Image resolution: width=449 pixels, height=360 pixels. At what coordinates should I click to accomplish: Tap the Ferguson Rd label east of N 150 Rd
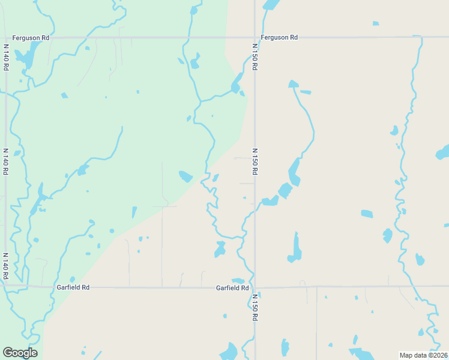click(279, 37)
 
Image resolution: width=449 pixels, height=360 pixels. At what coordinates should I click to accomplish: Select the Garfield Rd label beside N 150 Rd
click(232, 288)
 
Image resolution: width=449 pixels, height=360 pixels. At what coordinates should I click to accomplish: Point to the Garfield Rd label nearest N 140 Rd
click(73, 287)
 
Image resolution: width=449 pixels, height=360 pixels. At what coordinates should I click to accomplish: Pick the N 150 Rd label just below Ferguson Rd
click(255, 57)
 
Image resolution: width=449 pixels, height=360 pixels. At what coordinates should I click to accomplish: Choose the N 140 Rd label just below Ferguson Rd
click(5, 57)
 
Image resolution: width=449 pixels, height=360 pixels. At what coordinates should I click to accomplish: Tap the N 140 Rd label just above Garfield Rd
click(5, 266)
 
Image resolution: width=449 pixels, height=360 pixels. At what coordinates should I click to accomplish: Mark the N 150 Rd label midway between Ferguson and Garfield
click(255, 161)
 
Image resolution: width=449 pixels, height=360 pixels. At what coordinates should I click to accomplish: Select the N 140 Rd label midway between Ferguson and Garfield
click(5, 161)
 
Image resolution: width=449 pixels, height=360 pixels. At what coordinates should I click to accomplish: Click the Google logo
click(20, 353)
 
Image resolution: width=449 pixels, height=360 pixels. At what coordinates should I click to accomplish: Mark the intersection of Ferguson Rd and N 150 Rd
click(255, 37)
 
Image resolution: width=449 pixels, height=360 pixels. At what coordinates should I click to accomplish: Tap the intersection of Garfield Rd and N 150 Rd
click(255, 287)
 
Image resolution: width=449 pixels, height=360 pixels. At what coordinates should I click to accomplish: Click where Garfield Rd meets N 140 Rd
click(5, 286)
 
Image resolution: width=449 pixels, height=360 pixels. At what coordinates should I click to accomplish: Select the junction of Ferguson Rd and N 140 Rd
click(5, 37)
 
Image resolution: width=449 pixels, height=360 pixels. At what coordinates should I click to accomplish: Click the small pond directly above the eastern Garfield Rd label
click(238, 280)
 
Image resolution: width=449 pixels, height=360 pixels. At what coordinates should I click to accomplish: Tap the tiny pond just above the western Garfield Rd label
click(73, 279)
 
